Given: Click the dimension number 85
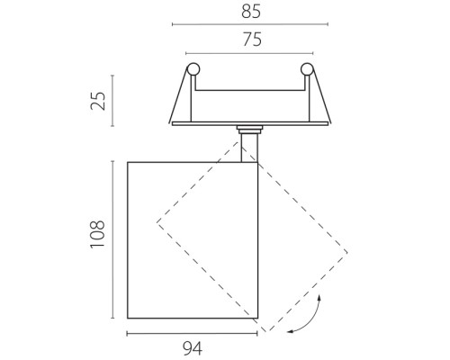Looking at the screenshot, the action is click(251, 12).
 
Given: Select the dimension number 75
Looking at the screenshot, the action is click(252, 40).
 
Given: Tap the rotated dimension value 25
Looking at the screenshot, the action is click(98, 101).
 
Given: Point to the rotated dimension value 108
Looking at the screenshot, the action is click(98, 234).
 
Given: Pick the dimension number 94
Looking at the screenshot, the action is click(193, 348).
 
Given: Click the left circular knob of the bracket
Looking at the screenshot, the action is click(193, 69).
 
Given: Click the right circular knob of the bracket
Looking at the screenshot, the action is click(307, 69).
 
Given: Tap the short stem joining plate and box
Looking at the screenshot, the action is click(249, 148).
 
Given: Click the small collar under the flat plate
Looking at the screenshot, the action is click(249, 129).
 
